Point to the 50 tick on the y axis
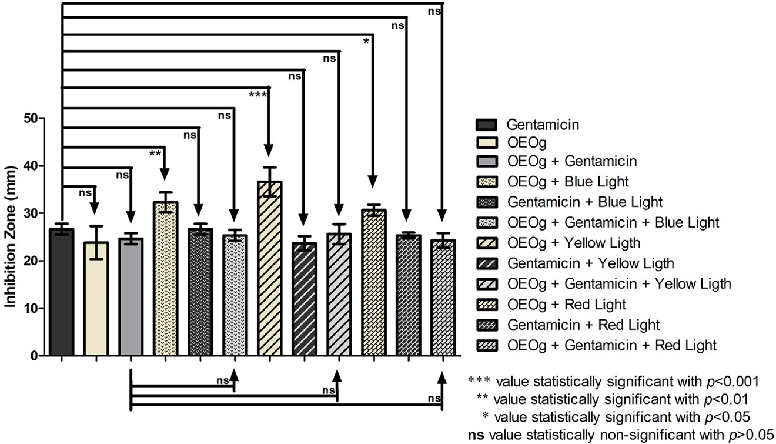click(38, 118)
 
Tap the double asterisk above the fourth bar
click(155, 153)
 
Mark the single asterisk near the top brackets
click(366, 42)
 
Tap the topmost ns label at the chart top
click(435, 11)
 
